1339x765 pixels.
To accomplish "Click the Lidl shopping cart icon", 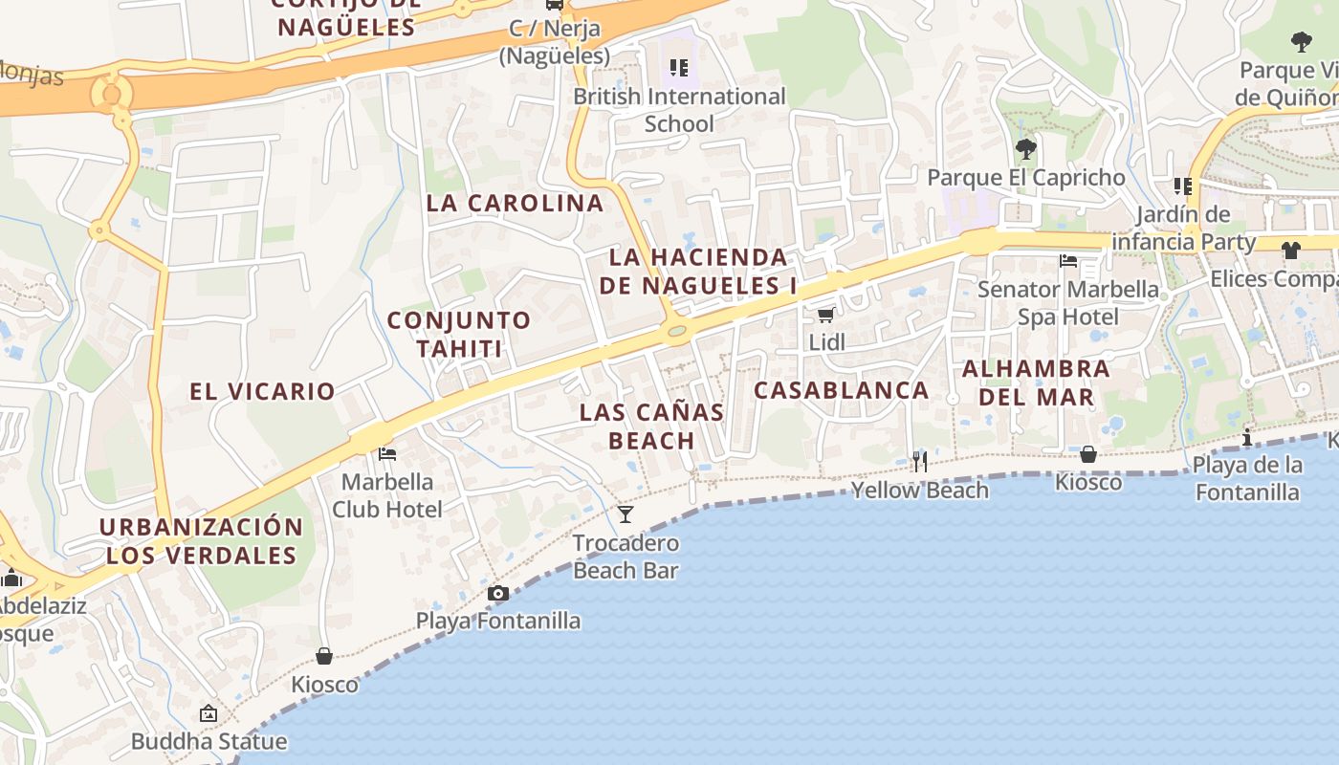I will point(824,315).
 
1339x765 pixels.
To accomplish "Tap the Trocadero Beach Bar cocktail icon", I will point(626,514).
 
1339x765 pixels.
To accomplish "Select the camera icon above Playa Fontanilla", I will point(497,594).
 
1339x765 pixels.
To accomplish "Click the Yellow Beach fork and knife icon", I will point(919,462).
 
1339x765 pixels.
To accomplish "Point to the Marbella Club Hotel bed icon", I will point(387,453).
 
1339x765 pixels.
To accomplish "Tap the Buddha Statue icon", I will point(209,713).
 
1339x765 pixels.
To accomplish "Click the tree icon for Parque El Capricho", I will point(1026,149).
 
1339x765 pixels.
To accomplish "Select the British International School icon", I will point(679,68).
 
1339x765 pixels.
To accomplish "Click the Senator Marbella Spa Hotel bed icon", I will point(1068,261).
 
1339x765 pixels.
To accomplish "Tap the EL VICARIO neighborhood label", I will point(262,391).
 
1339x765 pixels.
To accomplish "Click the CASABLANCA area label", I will point(842,390).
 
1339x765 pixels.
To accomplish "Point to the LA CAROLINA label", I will point(515,204).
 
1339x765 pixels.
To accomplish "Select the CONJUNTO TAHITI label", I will point(459,334).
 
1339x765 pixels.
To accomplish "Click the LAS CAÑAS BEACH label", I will point(651,426).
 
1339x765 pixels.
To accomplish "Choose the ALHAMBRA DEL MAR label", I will point(1037,382).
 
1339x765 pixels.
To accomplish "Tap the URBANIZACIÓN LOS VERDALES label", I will point(201,541).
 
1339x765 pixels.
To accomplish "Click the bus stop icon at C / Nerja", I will point(555,4).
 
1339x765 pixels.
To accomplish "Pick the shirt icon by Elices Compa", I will point(1291,251).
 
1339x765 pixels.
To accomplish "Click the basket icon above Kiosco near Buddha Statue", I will point(324,656).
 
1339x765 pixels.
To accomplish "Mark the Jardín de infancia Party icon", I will point(1184,186).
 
